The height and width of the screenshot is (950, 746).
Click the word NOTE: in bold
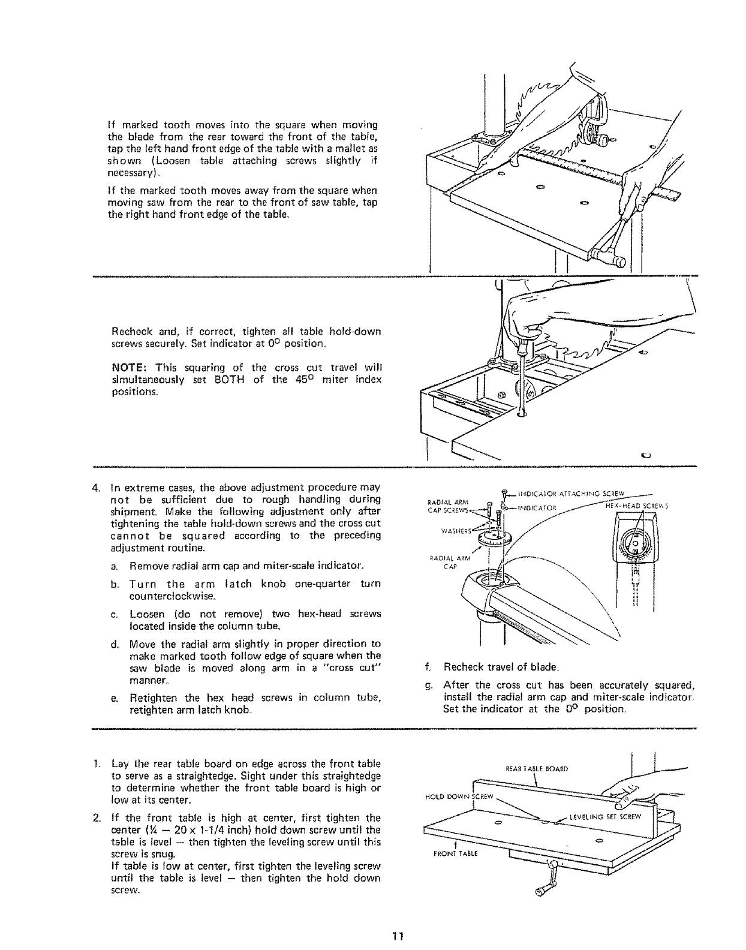[x=128, y=367]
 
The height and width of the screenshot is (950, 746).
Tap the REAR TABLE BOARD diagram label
[x=537, y=768]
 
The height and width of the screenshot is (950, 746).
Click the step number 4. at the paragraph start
[x=98, y=485]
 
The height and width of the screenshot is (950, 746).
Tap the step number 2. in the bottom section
[x=97, y=817]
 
